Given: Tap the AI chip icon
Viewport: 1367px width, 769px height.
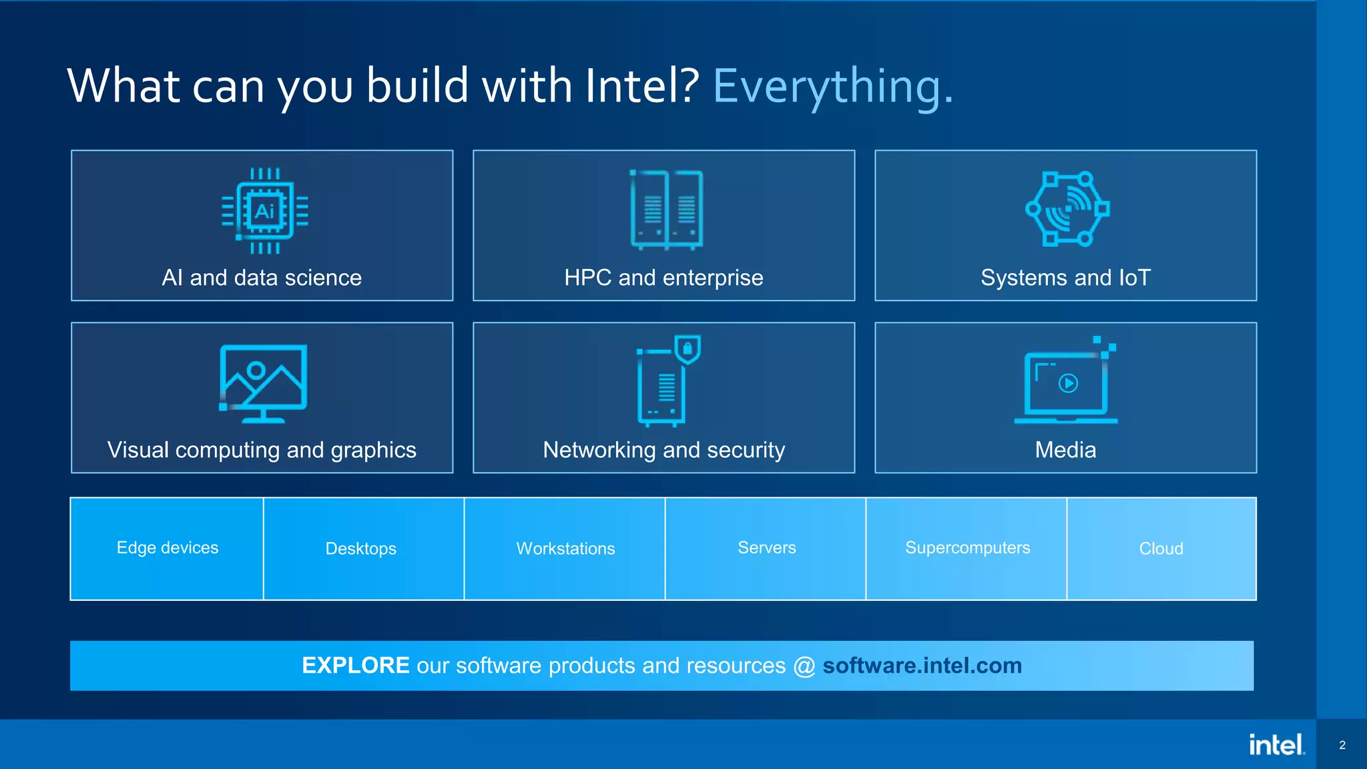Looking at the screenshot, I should pos(265,211).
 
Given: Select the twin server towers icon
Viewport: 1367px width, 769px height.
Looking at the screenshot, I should pos(666,210).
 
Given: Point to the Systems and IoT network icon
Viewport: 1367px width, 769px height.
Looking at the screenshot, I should pos(1067,209).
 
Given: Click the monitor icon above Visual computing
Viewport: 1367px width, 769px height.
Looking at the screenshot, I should pos(263,382).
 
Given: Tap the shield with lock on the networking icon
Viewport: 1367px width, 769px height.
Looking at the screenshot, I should pos(687,348).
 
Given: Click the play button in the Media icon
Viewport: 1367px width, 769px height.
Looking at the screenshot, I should pos(1068,383).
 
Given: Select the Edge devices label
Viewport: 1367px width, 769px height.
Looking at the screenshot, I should pos(168,547).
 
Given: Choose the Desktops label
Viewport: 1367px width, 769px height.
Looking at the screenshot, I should pos(360,549).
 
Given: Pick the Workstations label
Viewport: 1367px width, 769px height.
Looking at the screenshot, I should pos(565,549).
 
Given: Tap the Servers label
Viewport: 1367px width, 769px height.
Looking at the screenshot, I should pos(766,547).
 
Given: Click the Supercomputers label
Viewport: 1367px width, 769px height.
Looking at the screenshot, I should pos(967,547).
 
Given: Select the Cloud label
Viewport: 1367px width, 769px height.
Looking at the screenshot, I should pos(1161,549).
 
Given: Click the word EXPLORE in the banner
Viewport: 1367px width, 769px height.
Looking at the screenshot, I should pos(355,666).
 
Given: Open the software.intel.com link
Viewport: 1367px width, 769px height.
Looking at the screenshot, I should pos(922,666).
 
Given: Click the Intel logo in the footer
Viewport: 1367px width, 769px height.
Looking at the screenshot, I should pos(1276,744).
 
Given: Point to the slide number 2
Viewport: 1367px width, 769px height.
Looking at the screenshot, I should pos(1342,745).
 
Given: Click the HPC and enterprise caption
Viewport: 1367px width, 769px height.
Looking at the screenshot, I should pos(663,278).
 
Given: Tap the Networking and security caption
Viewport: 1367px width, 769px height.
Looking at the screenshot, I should pos(663,450).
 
